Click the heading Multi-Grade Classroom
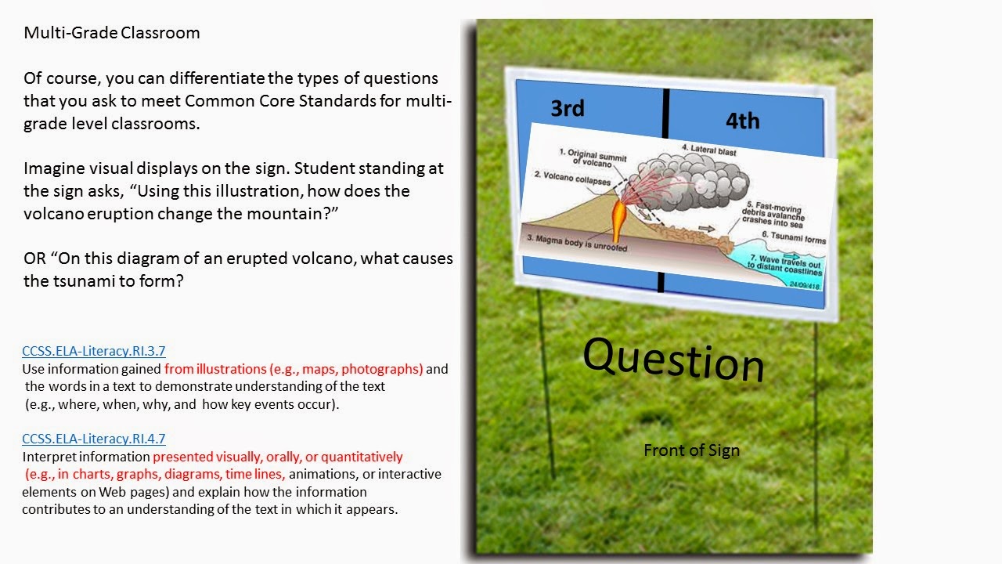(x=111, y=33)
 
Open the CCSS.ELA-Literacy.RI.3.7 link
(x=94, y=351)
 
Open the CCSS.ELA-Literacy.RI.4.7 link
(x=94, y=439)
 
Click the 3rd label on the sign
(x=568, y=108)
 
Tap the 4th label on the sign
(x=742, y=121)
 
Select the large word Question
(x=673, y=359)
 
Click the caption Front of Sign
(x=691, y=450)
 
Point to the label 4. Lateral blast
(x=708, y=150)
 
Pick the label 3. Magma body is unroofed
(x=576, y=244)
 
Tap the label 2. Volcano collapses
(x=571, y=179)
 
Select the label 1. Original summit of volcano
(x=593, y=156)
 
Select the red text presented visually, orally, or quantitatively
(x=278, y=457)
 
